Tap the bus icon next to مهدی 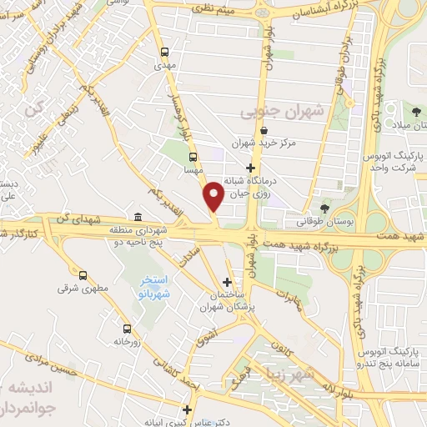pos(164,50)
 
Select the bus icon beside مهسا pos(193,156)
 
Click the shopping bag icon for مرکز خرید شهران pos(264,130)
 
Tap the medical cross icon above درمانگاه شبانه pos(263,168)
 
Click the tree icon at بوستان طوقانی pos(324,208)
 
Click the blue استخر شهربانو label pos(153,287)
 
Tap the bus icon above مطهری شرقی pos(83,274)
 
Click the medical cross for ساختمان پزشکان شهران pos(228,283)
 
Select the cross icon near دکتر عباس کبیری pos(188,409)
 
